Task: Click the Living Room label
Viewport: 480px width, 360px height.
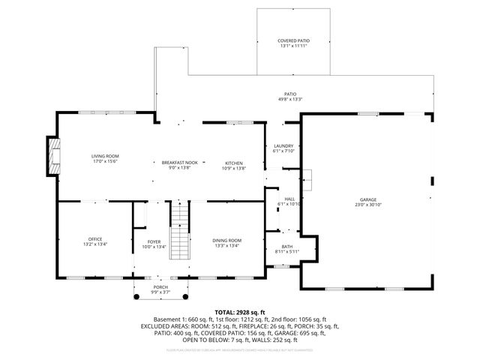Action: tap(105, 155)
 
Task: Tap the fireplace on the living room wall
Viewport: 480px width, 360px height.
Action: tap(54, 154)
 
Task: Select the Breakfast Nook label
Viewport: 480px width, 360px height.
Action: tap(180, 162)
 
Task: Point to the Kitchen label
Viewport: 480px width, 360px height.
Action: tap(235, 162)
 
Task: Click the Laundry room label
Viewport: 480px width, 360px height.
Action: tap(283, 145)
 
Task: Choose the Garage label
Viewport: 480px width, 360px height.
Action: tap(367, 199)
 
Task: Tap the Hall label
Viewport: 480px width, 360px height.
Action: tap(289, 199)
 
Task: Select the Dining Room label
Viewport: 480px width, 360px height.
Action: tap(226, 240)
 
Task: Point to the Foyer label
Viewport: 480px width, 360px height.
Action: tap(154, 241)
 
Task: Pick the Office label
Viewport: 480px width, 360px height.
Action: tap(96, 239)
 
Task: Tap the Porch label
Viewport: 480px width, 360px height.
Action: tap(139, 286)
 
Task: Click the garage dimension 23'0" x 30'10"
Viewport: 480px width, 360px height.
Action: tap(367, 205)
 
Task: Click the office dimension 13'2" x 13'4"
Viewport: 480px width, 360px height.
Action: tap(96, 244)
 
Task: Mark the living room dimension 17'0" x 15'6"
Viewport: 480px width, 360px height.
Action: tap(105, 160)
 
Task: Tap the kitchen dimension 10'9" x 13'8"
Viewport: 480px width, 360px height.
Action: tap(235, 167)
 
